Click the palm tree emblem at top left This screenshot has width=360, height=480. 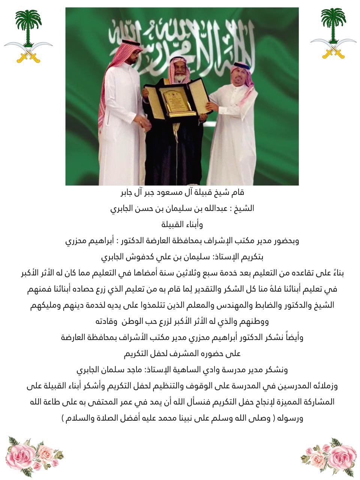tap(28, 36)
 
